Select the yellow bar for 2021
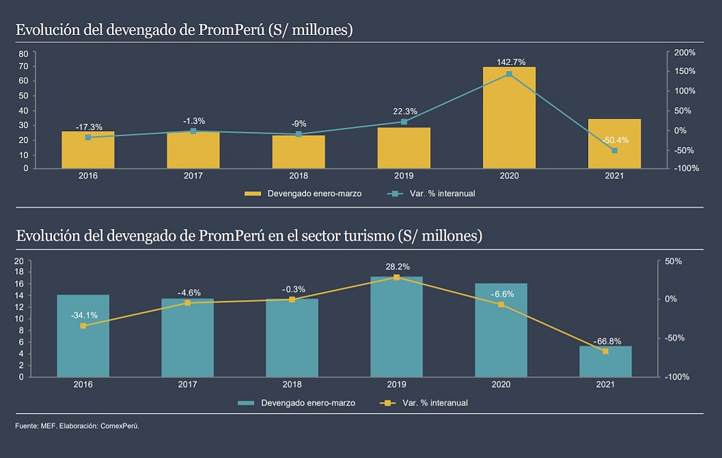coord(614,144)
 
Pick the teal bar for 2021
coord(605,361)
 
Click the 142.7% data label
coord(511,62)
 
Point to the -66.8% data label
coord(607,340)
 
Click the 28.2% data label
coord(397,267)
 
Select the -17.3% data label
coord(88,127)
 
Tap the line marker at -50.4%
coord(614,150)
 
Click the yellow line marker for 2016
coord(83,326)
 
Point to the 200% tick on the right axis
coord(684,53)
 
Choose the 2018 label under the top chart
coord(298,176)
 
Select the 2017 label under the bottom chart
coord(188,385)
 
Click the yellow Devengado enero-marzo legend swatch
coord(253,193)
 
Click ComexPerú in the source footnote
coord(120,426)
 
